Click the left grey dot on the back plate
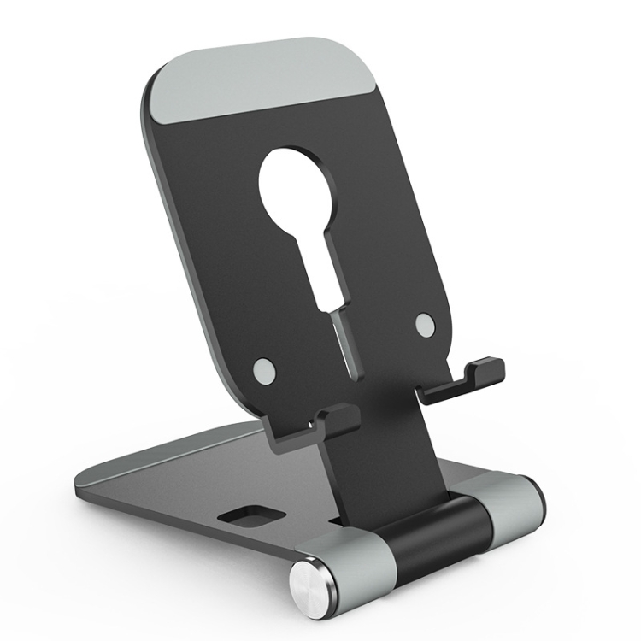(265, 369)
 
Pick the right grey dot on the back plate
(425, 324)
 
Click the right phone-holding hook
(466, 380)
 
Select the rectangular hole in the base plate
(249, 517)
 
